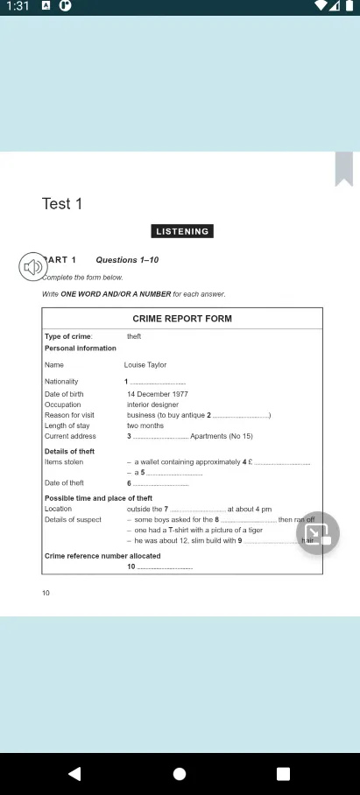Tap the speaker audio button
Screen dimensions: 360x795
33,267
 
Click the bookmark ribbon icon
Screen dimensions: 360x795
343,169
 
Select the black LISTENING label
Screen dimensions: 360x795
182,232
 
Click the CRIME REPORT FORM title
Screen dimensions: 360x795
182,319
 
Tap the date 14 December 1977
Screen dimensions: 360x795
158,394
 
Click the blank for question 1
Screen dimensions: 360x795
159,383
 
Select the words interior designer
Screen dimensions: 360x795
151,405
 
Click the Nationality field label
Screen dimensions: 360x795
61,382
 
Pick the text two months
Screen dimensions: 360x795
145,426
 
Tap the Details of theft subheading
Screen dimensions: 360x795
69,451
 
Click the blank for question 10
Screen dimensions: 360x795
166,567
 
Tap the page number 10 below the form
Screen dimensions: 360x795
46,594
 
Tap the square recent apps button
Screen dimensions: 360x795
283,774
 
